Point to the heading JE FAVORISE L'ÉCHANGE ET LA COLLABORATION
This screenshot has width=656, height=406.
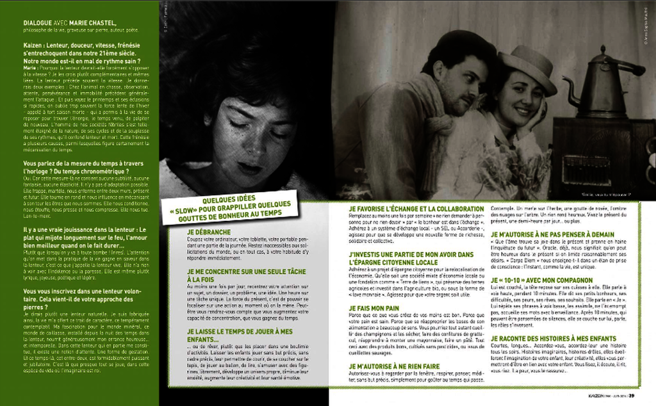[416, 209]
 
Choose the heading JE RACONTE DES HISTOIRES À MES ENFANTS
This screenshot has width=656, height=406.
[553, 338]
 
